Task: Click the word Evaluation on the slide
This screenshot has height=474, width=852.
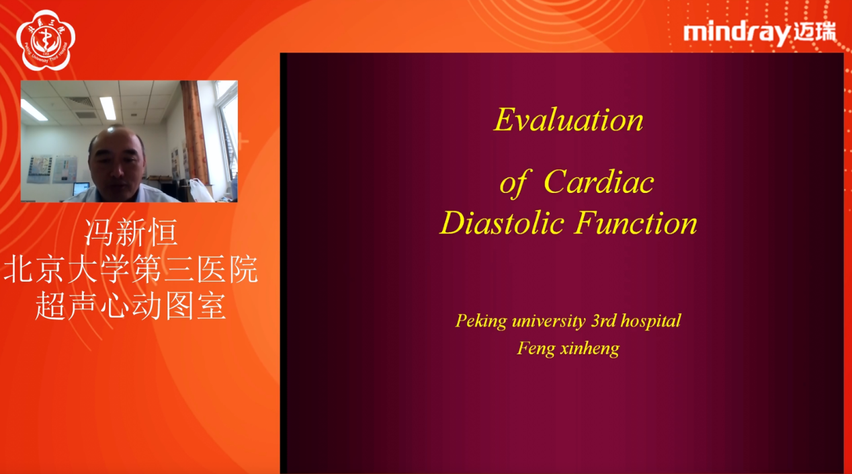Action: (x=568, y=120)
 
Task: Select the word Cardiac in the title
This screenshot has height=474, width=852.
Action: (x=598, y=182)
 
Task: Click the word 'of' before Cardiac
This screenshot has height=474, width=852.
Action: (x=513, y=183)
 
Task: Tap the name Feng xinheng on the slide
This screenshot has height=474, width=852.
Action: (x=568, y=348)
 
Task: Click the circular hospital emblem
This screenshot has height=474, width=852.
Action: (x=46, y=40)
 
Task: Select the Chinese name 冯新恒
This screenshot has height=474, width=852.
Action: (x=130, y=233)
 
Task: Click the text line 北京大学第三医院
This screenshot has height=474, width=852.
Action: (x=130, y=270)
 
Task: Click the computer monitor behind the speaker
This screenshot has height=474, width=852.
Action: (x=81, y=189)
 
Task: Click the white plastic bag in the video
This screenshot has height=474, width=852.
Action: (x=200, y=190)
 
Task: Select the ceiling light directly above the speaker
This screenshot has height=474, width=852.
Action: (x=108, y=108)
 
